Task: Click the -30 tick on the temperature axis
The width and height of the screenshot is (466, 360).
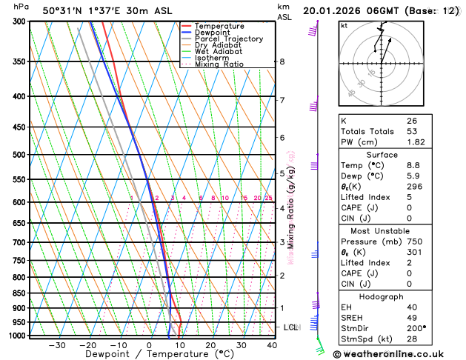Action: (57, 345)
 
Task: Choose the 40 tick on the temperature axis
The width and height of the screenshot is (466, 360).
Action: (272, 345)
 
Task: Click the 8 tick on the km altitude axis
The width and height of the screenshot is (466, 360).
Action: (282, 61)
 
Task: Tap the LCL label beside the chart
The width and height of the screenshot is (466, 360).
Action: (291, 327)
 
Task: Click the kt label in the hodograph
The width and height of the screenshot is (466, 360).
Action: (344, 25)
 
